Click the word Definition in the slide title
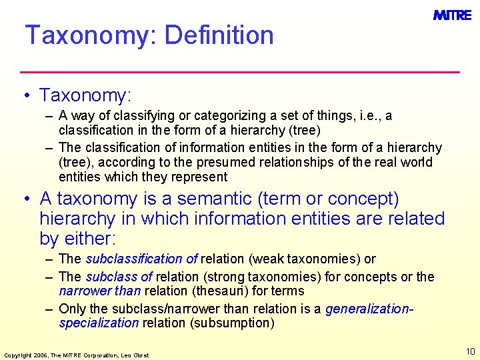click(x=219, y=35)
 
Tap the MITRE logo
click(x=452, y=15)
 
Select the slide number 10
click(x=470, y=351)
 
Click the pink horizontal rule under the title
click(x=240, y=71)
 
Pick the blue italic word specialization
click(x=99, y=323)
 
